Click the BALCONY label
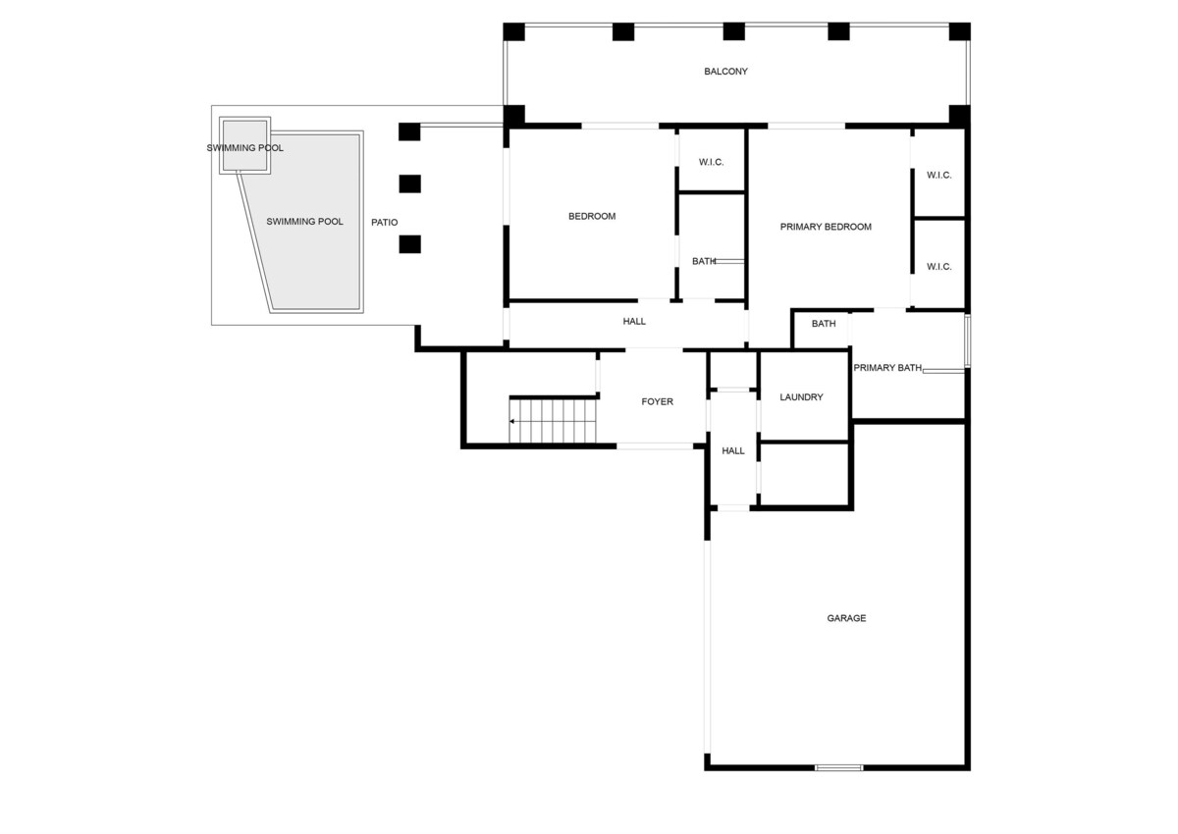tap(725, 72)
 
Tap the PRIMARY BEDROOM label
tap(826, 227)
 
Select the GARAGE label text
tap(846, 618)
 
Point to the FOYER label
tap(657, 402)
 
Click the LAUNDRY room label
tap(801, 397)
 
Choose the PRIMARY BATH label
tap(887, 368)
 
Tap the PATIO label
tap(385, 223)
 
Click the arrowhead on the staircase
tap(511, 422)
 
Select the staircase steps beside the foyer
tap(553, 422)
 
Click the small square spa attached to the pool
tap(244, 145)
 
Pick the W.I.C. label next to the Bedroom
tap(711, 163)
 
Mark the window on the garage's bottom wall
tap(838, 768)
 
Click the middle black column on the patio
tap(409, 183)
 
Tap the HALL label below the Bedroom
tap(634, 322)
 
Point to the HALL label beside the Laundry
tap(733, 451)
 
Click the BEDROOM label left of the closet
tap(592, 217)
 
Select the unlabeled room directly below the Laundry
tap(804, 475)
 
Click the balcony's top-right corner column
tap(959, 31)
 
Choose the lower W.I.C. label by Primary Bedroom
tap(938, 267)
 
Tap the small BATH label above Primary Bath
tap(824, 324)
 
